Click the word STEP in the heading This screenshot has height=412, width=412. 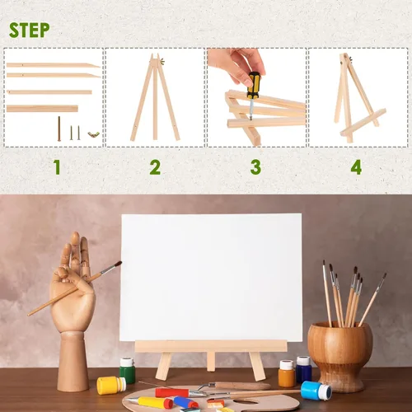[x=30, y=30]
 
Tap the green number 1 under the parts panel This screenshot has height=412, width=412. [x=56, y=167]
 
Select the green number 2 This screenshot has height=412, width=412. [x=155, y=167]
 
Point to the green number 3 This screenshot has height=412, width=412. [x=256, y=167]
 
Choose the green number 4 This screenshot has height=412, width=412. [x=356, y=167]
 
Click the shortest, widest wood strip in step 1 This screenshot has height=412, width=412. [x=42, y=108]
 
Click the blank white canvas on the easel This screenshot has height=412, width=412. [x=211, y=276]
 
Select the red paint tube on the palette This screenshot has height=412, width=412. [x=172, y=392]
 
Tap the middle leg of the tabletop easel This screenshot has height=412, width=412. [x=211, y=360]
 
